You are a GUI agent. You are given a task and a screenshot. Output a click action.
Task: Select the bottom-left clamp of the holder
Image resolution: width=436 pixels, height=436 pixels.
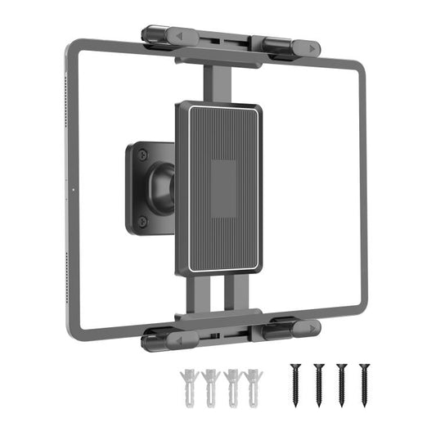click(x=162, y=338)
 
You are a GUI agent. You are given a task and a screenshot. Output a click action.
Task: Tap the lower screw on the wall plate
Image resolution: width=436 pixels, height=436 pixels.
click(x=142, y=221)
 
